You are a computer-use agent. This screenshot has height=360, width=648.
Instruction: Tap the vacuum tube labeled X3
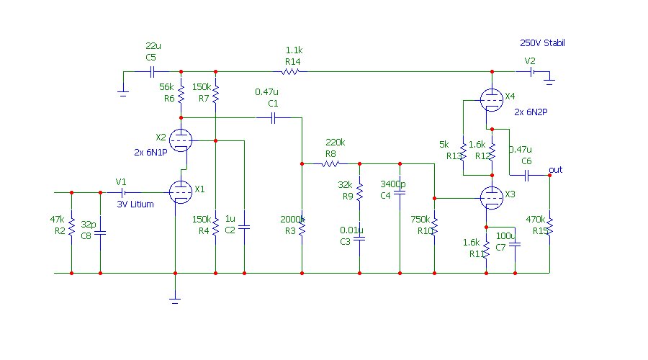pyautogui.click(x=492, y=196)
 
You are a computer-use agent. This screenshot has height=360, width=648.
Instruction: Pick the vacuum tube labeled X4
pyautogui.click(x=492, y=99)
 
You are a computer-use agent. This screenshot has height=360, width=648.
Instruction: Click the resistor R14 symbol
pyautogui.click(x=292, y=71)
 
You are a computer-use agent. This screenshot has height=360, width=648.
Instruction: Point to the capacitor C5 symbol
pyautogui.click(x=152, y=71)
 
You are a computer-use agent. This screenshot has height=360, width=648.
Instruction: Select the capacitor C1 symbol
pyautogui.click(x=273, y=117)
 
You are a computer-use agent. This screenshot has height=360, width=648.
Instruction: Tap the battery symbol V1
pyautogui.click(x=123, y=192)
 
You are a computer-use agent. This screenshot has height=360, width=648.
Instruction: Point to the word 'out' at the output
pyautogui.click(x=555, y=170)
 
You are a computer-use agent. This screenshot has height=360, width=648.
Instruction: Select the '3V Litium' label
pyautogui.click(x=135, y=204)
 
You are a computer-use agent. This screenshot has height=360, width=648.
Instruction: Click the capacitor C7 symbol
pyautogui.click(x=516, y=246)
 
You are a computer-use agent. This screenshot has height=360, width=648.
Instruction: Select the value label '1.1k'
pyautogui.click(x=293, y=50)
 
